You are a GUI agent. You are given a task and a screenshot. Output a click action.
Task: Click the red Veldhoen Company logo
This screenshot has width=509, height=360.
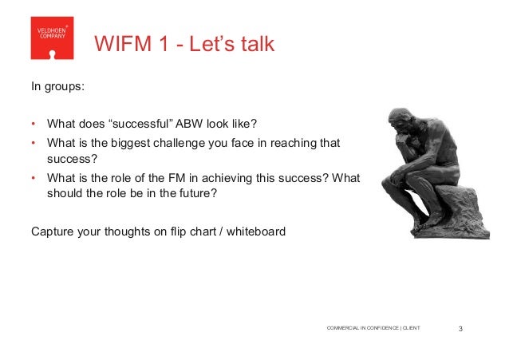coord(52,38)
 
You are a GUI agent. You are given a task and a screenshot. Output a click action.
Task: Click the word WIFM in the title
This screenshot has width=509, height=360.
coord(120,44)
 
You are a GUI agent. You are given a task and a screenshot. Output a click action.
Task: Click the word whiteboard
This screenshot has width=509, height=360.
coord(256,232)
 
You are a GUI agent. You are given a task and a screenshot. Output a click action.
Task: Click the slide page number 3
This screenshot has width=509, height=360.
coord(463,328)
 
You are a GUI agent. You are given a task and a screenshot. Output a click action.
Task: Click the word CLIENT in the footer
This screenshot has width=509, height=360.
coord(411,328)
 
